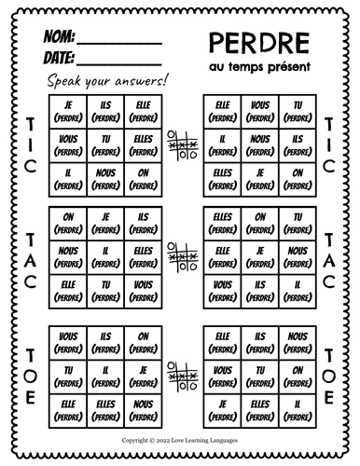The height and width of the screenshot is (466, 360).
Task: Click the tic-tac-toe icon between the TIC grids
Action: [179, 142]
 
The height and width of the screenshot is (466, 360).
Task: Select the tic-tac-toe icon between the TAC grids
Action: [179, 252]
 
